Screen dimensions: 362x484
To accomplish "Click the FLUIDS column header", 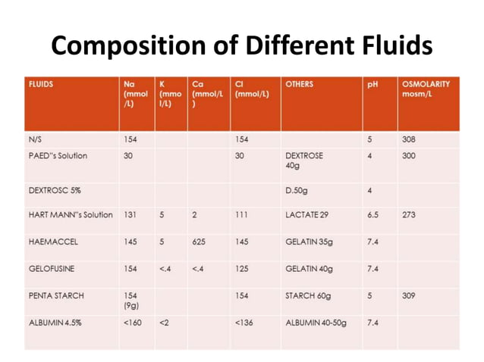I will pyautogui.click(x=41, y=85).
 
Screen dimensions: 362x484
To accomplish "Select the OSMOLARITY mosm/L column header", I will pyautogui.click(x=426, y=90).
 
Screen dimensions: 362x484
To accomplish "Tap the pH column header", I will pyautogui.click(x=372, y=85).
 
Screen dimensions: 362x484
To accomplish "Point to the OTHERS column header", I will pyautogui.click(x=300, y=85).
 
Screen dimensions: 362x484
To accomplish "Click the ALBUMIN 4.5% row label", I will pyautogui.click(x=56, y=323).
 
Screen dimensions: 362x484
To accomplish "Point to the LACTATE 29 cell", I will pyautogui.click(x=307, y=215).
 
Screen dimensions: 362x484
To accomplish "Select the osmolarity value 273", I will pyautogui.click(x=409, y=215).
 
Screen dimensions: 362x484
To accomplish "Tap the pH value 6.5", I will pyautogui.click(x=372, y=215).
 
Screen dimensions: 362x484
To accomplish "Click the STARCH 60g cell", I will pyautogui.click(x=309, y=296).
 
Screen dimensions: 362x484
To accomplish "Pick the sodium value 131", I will pyautogui.click(x=130, y=215).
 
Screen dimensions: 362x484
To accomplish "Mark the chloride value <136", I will pyautogui.click(x=244, y=323).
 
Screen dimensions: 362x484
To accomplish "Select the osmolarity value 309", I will pyautogui.click(x=409, y=296).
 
